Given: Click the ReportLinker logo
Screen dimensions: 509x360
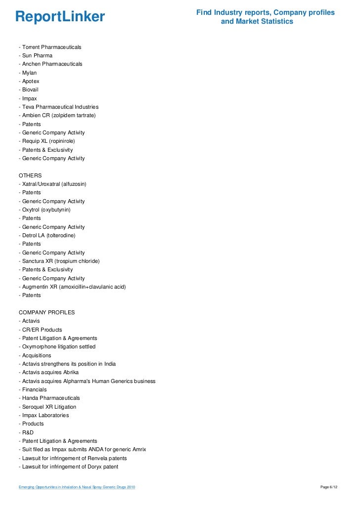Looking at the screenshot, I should point(60,17).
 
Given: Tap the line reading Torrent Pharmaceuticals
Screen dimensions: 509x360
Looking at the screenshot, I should point(50,47).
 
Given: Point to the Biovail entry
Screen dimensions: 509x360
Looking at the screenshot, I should point(29,90).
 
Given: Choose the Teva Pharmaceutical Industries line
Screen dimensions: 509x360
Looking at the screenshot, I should point(59,107).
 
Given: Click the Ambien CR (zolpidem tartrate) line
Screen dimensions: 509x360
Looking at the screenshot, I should point(57,115).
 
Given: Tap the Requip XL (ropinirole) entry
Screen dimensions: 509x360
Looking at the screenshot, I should point(47,141).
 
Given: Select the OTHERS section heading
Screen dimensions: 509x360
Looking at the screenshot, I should point(30,175).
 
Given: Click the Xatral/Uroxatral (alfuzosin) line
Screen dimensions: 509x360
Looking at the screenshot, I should point(52,184).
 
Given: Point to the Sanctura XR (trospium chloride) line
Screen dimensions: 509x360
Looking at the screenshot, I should point(59,261).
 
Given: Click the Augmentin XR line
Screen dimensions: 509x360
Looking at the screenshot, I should point(72,287).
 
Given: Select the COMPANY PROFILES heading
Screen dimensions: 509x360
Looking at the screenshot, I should point(47,312).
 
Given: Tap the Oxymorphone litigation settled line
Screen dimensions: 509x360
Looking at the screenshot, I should point(57,346).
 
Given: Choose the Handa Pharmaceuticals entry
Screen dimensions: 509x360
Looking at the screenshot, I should point(49,398).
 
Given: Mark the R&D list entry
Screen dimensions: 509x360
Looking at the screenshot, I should point(26,432).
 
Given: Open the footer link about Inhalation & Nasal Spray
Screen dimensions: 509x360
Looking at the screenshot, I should point(77,488).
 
